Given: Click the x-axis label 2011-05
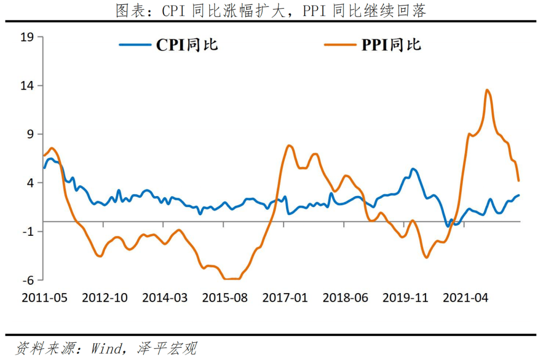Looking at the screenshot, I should [44, 298].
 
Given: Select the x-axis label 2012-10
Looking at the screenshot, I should [105, 298].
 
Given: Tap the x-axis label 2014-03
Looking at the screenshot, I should [165, 298].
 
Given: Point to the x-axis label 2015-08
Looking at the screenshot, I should [225, 298].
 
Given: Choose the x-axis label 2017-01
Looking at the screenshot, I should [285, 298].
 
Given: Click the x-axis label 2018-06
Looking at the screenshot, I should [345, 298].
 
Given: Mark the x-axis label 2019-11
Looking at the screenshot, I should [405, 298].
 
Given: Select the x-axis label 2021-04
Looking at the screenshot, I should [466, 298].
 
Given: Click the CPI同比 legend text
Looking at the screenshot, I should [187, 45].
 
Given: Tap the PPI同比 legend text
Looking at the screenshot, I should [391, 45].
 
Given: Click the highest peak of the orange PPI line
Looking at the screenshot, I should [487, 91].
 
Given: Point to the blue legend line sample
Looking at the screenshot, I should [135, 45].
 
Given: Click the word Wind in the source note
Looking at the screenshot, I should [107, 348].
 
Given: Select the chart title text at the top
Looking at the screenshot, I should [271, 11].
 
